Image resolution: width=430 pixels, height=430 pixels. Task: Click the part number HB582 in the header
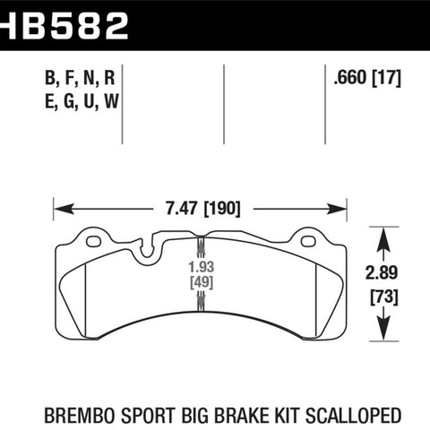[64, 26]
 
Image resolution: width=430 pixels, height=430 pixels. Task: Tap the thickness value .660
[350, 77]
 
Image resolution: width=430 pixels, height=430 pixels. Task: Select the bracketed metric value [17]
[386, 78]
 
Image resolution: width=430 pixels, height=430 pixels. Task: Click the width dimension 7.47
[182, 208]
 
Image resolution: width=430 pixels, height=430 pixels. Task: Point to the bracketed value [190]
[222, 209]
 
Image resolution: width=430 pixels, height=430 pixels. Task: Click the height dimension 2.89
[382, 272]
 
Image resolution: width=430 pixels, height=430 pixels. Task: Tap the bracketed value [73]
[384, 297]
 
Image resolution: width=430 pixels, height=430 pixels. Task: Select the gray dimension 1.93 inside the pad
[202, 267]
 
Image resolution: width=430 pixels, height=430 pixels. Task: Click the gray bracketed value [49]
[202, 282]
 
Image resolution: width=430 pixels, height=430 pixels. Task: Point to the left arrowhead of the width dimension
[64, 209]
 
